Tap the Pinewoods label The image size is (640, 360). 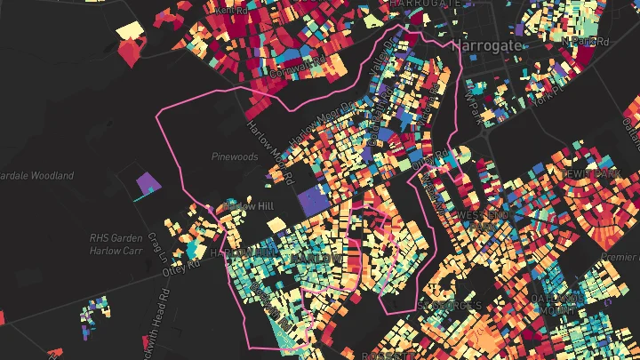pos(235,156)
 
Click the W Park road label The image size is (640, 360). pos(471,104)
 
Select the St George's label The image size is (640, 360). pos(451,305)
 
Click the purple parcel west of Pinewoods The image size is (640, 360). pos(148,185)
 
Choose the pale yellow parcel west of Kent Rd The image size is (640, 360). pos(130,30)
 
